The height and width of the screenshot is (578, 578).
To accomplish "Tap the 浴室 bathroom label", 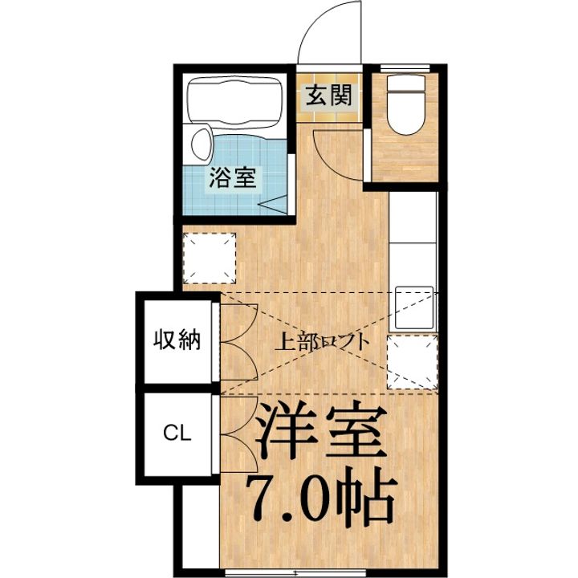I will point(233,178).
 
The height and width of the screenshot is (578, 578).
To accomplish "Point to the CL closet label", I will point(177,434).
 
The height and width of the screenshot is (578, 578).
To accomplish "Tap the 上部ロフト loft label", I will point(323,341).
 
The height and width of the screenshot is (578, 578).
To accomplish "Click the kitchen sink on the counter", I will point(414,306).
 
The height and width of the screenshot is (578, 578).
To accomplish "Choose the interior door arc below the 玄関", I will point(337,157).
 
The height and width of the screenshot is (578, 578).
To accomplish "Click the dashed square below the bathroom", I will point(210,258).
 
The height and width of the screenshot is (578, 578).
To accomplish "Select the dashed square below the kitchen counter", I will point(412,361).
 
